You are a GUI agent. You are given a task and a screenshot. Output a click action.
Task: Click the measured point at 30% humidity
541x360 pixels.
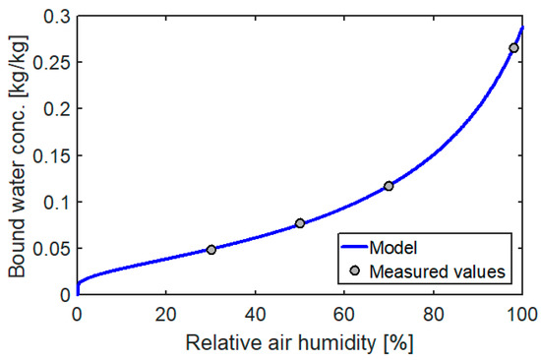point(210,250)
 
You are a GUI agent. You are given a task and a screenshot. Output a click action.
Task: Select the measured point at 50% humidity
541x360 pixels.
point(300,224)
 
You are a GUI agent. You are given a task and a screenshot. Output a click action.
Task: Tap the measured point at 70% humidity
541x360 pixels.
point(389,186)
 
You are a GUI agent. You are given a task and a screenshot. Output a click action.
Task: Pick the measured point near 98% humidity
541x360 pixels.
point(513,48)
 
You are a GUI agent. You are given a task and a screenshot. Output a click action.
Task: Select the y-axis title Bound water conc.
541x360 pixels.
point(18,154)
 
